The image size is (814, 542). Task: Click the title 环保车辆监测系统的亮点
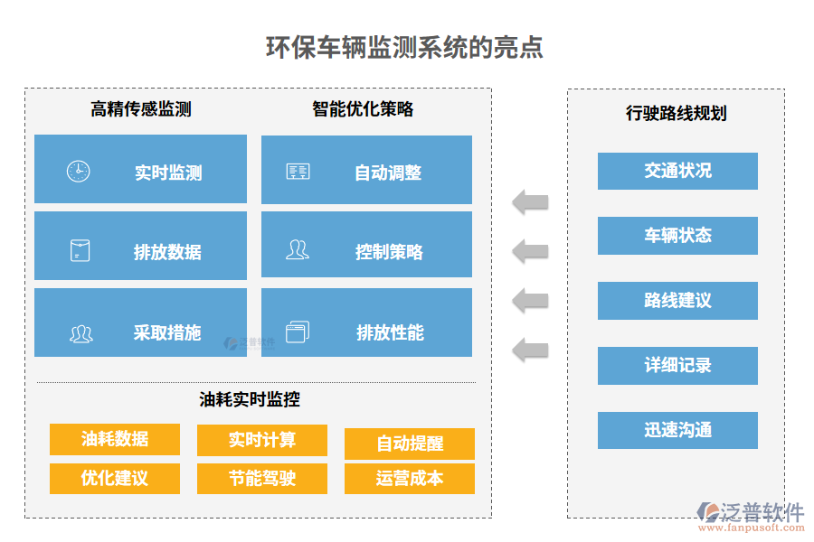404,47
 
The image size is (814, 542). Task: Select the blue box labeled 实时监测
140,169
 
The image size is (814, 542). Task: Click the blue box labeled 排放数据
140,246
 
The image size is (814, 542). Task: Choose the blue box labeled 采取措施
140,322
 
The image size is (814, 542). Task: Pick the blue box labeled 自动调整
366,170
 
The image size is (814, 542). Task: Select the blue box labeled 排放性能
366,322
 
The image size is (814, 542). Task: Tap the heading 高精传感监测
140,110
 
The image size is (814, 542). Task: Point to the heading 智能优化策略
363,109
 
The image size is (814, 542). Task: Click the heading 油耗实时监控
250,398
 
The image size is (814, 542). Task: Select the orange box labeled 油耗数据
115,439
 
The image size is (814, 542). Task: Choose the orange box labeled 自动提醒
410,444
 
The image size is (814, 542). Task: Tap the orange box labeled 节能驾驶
262,478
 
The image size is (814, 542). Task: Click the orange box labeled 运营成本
410,478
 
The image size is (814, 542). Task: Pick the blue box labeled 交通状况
677,171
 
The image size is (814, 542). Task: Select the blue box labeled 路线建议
677,301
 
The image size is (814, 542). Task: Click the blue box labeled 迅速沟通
677,431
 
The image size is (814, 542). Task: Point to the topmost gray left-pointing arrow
530,201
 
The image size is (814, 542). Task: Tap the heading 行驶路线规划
676,114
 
